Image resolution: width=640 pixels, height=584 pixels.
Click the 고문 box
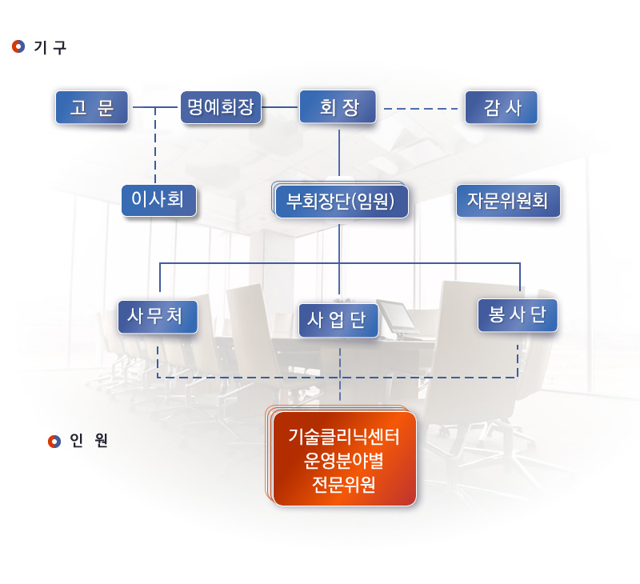point(92,107)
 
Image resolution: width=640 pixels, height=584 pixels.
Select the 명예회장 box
point(221,107)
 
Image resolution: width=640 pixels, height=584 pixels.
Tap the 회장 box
point(338,107)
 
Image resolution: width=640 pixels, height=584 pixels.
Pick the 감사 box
point(502,107)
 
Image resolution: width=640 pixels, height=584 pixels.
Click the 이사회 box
point(158,200)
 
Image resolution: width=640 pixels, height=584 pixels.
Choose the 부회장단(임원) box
point(340,200)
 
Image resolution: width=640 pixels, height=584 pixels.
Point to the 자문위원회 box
point(508,200)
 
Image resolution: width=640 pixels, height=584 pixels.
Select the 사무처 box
point(158,317)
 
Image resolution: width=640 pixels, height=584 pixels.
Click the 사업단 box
point(338,320)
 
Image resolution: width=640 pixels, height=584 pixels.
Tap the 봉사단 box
point(518,315)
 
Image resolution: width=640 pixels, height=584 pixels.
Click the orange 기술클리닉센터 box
point(342,457)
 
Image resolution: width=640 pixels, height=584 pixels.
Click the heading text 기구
point(50,47)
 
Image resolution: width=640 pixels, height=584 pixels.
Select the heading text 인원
point(89,440)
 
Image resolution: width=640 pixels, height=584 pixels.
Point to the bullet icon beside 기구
point(18,46)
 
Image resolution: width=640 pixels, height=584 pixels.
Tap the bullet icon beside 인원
point(54,441)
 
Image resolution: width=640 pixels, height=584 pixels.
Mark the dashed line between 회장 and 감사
point(421,109)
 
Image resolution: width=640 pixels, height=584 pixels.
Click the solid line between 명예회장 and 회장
point(280,107)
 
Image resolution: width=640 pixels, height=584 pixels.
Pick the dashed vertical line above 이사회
point(155,146)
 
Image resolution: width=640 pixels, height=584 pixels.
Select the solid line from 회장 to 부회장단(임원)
point(338,153)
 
